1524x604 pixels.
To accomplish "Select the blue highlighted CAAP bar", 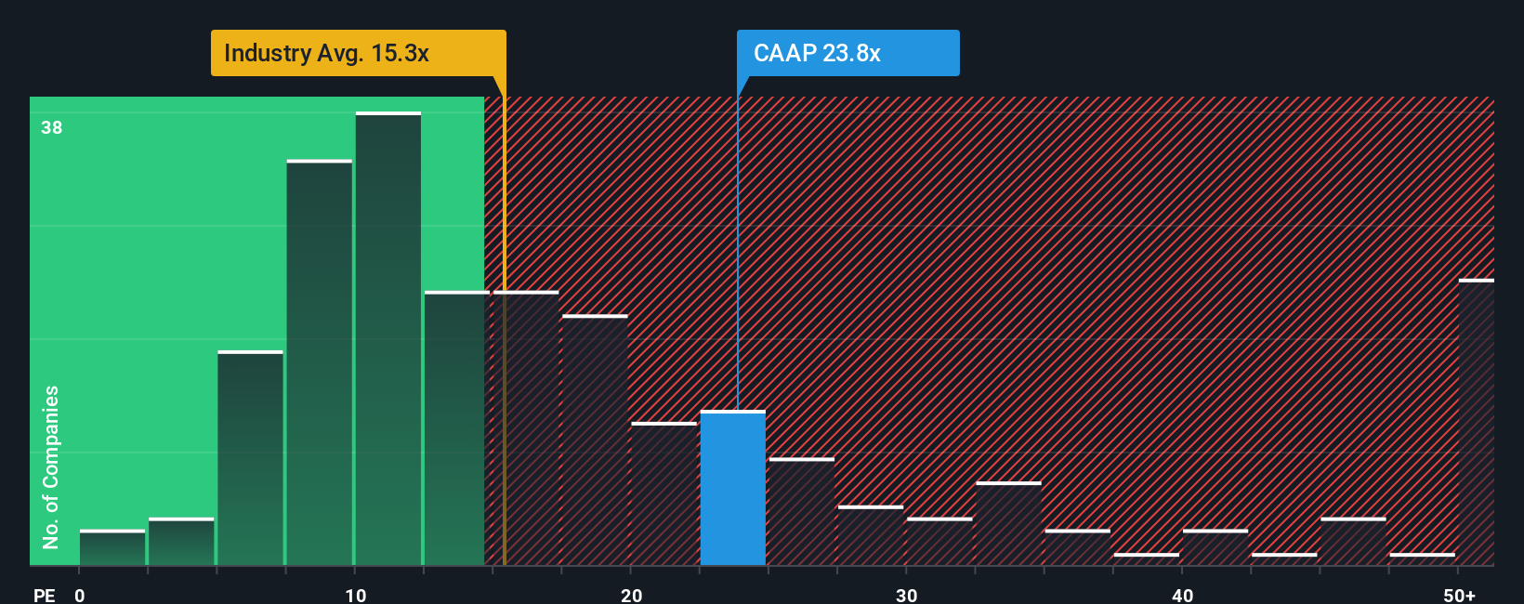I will pyautogui.click(x=733, y=488).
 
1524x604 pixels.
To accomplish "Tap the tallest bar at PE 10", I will pyautogui.click(x=388, y=339).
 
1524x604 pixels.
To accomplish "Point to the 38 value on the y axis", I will pyautogui.click(x=52, y=127).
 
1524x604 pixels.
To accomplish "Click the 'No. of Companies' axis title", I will pyautogui.click(x=51, y=466).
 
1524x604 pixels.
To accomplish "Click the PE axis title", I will pyautogui.click(x=45, y=595).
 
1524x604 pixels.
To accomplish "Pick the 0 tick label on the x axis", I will pyautogui.click(x=80, y=595).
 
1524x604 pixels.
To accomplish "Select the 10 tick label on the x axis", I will pyautogui.click(x=356, y=595).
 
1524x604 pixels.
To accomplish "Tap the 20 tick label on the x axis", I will pyautogui.click(x=632, y=595).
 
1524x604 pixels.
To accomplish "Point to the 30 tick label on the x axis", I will pyautogui.click(x=907, y=595).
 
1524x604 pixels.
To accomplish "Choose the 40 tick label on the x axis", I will pyautogui.click(x=1183, y=595).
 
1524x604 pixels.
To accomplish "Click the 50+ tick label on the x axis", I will pyautogui.click(x=1459, y=595).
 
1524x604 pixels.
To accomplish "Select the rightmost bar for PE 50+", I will pyautogui.click(x=1477, y=423).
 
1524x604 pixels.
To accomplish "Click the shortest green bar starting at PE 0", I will pyautogui.click(x=112, y=548).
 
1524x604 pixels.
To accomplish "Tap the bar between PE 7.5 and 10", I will pyautogui.click(x=320, y=362).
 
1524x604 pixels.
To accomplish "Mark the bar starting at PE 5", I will pyautogui.click(x=251, y=458).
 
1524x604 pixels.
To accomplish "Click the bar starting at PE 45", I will pyautogui.click(x=1353, y=542).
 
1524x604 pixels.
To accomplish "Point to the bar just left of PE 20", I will pyautogui.click(x=595, y=440).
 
